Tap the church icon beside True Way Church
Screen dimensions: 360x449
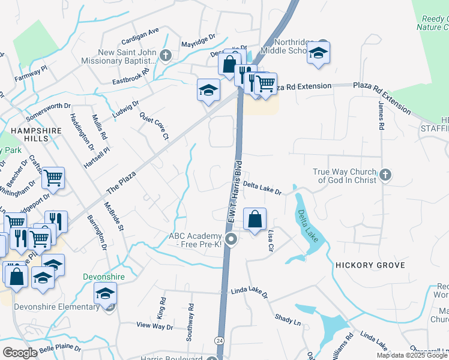pos(385,175)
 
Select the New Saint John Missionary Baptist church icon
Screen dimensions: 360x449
pos(166,55)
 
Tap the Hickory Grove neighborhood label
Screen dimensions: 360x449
pos(370,265)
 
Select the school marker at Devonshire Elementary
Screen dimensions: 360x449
pos(105,295)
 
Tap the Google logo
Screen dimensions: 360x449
pos(20,353)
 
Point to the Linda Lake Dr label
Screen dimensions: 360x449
pos(249,294)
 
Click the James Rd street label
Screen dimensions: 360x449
pos(381,115)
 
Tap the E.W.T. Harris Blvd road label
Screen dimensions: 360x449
pos(234,191)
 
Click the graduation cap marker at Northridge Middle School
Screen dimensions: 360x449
pos(319,53)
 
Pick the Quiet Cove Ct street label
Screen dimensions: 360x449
pos(154,126)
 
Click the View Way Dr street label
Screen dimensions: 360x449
pos(154,326)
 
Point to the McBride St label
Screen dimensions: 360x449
pos(113,216)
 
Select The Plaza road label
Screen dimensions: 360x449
pos(119,181)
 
